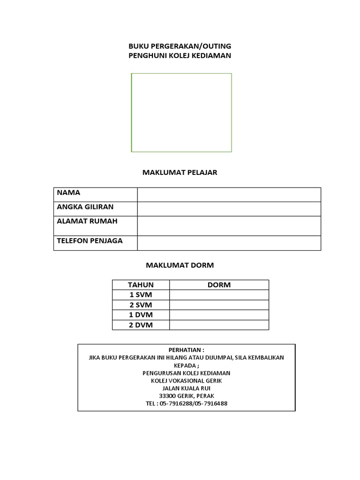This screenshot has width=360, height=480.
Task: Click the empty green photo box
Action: coord(181,112)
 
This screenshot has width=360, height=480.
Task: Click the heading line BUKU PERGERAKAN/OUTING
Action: coord(180,46)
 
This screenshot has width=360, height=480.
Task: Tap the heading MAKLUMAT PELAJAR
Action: coord(180,172)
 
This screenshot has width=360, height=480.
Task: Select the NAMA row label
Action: coord(68,193)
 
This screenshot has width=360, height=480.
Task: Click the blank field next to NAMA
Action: coord(229,195)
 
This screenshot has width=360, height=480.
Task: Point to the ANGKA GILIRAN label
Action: coord(85,207)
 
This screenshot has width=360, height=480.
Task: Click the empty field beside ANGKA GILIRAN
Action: coord(229,209)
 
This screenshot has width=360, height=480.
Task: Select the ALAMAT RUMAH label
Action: coord(87,221)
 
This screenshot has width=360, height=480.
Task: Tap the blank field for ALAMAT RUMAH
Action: coord(229,225)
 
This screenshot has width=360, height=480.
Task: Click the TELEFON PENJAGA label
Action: coord(90,241)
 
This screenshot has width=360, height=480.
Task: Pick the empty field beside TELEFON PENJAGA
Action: coord(229,243)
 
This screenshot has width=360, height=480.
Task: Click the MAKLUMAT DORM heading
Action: coord(180,265)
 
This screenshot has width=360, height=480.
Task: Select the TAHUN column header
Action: coord(141,285)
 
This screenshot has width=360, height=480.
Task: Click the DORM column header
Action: coord(219,285)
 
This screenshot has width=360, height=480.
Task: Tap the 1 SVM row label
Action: coord(141,295)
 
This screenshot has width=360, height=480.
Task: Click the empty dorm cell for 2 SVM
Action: coord(219,305)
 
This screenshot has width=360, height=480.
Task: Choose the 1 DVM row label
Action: coord(141,315)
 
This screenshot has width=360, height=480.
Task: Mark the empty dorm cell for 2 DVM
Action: coord(219,325)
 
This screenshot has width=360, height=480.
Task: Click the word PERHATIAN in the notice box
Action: coord(186,350)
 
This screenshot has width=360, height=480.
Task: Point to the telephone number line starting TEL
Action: coord(187,403)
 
